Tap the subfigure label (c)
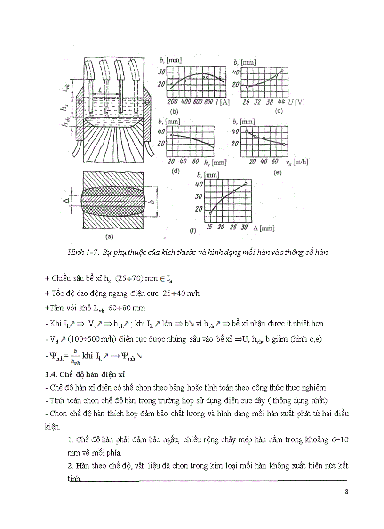point(279,112)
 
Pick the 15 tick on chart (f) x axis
point(209,228)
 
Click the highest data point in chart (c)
point(282,71)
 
